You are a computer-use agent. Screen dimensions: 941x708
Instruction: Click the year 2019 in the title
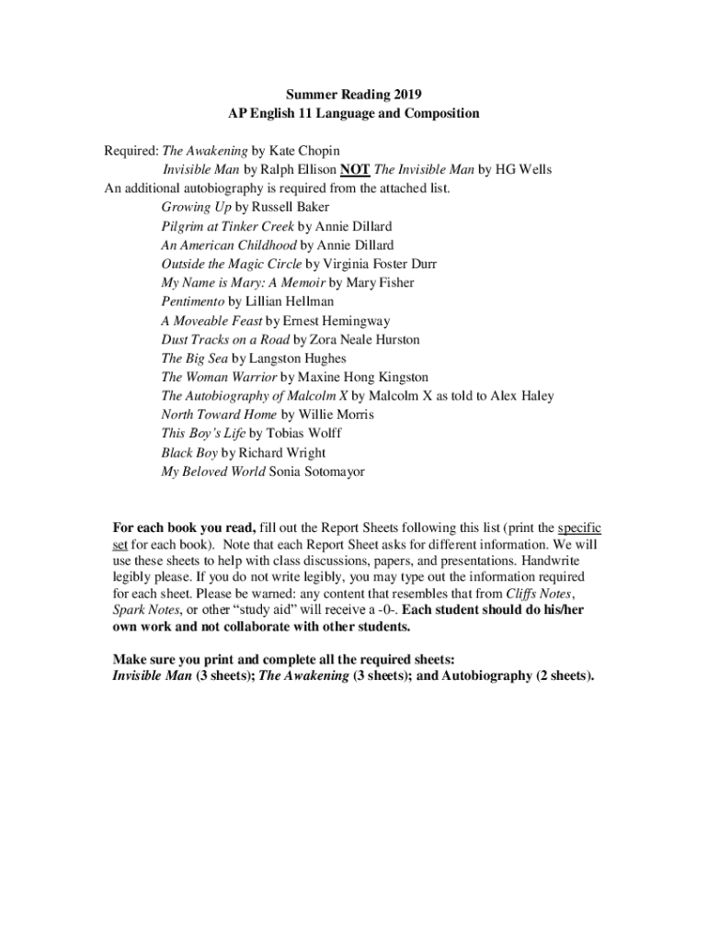(x=405, y=95)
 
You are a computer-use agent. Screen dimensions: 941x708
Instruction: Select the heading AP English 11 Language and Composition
(x=354, y=114)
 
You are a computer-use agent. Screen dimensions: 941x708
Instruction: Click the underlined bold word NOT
(x=355, y=170)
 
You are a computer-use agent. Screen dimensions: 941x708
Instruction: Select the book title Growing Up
(x=196, y=208)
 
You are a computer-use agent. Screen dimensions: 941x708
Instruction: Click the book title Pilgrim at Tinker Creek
(x=228, y=226)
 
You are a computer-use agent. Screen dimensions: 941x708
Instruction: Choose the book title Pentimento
(x=193, y=301)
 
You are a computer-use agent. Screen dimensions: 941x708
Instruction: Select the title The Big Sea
(x=194, y=358)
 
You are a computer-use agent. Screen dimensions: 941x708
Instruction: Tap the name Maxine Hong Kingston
(x=363, y=377)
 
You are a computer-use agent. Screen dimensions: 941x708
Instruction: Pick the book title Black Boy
(x=189, y=453)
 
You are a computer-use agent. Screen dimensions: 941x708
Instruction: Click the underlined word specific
(x=579, y=528)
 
